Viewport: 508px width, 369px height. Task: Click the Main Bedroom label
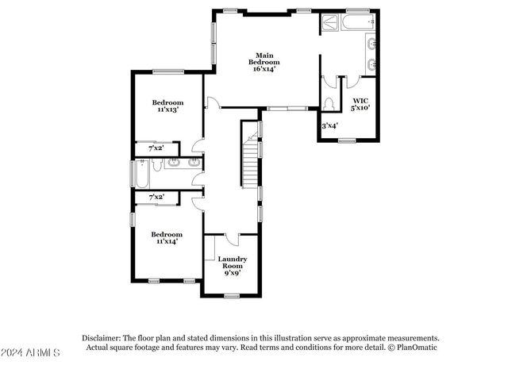point(265,62)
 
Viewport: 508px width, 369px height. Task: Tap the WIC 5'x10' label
point(360,104)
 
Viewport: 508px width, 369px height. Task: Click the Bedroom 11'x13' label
point(167,106)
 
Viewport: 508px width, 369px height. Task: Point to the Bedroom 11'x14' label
point(167,238)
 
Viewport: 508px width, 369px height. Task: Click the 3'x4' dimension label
point(329,125)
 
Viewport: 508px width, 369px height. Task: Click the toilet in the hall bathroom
point(157,165)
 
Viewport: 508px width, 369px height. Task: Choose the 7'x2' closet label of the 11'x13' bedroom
point(154,148)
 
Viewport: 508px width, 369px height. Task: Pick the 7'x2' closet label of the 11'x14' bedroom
point(154,197)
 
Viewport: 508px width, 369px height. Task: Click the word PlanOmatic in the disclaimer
point(414,347)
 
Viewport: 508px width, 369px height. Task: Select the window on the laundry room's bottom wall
point(233,295)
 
